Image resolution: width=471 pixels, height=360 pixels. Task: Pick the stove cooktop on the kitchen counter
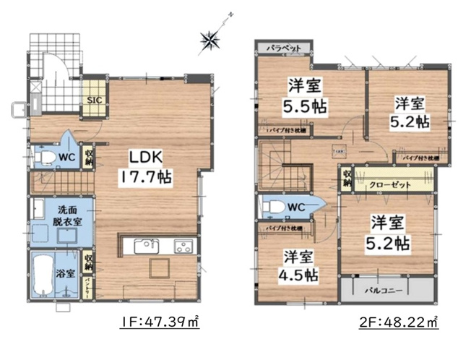tap(181, 247)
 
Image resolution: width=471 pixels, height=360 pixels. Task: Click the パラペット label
tap(284, 47)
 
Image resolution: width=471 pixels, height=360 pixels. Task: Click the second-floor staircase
tap(289, 169)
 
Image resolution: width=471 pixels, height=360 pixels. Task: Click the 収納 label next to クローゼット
tap(347, 179)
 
